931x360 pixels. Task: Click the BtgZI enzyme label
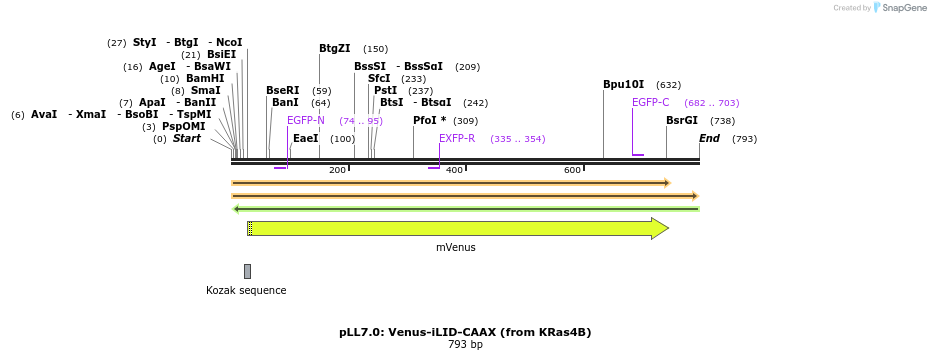(334, 48)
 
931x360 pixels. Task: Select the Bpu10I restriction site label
(623, 84)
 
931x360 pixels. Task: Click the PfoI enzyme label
(429, 120)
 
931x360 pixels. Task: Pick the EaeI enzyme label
(305, 138)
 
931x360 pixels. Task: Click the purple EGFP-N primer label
(305, 120)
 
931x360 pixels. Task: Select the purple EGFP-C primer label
(650, 102)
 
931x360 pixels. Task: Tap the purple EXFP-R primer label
(457, 138)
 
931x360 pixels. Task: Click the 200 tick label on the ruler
(337, 170)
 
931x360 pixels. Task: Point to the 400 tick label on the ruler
(454, 170)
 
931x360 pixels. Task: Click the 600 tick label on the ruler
(572, 170)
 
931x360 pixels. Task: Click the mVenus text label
(455, 247)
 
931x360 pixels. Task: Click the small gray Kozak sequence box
(247, 271)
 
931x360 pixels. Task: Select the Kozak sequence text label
(246, 290)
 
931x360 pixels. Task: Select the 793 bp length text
(465, 345)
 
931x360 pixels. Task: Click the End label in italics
(709, 138)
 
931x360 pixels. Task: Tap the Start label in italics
(186, 138)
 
